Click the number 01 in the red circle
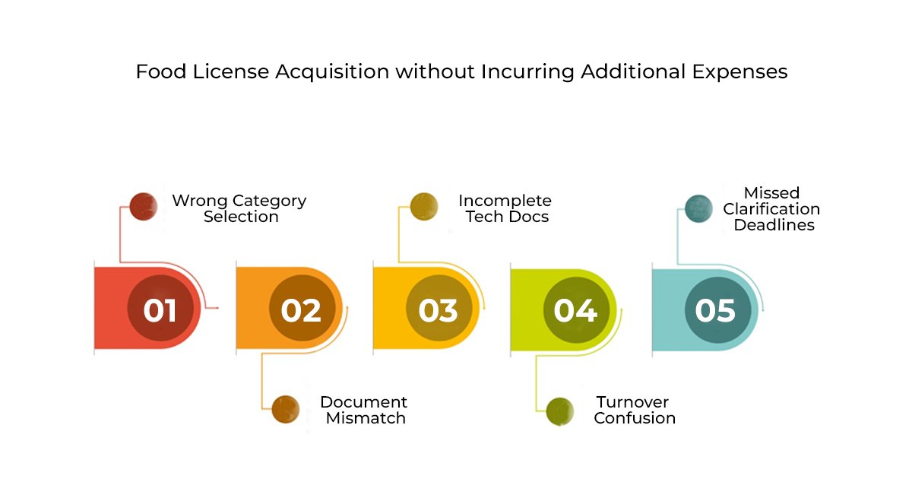(160, 310)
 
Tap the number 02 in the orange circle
(301, 310)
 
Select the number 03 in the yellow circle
(438, 310)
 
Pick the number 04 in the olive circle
(575, 310)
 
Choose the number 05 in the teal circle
(715, 310)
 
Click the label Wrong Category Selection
(239, 209)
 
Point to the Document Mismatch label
(364, 410)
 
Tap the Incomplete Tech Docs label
(505, 209)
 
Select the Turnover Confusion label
(634, 410)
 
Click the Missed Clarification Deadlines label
(772, 209)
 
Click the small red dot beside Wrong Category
(142, 206)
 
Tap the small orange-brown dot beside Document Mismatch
(285, 409)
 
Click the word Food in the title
(157, 71)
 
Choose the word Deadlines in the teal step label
(774, 225)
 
